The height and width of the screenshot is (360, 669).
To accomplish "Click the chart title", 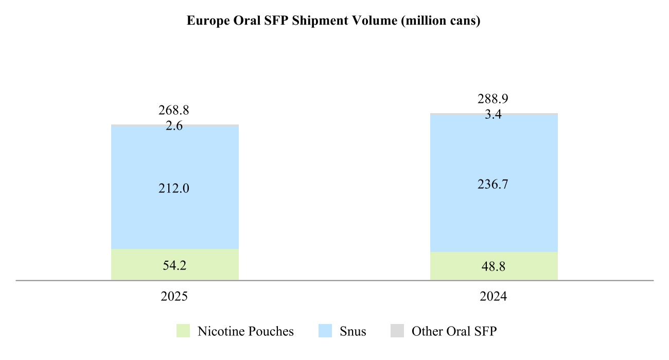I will (x=333, y=22).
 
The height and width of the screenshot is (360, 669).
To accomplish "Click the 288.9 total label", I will (x=494, y=99).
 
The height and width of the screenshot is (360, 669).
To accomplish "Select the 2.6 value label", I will (x=174, y=125).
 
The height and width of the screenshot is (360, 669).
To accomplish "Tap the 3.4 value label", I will (x=494, y=115).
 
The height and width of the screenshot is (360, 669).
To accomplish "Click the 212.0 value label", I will (x=174, y=189).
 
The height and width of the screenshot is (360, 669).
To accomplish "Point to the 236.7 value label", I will (x=494, y=184).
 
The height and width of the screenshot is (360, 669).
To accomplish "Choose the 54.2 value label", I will (x=174, y=265).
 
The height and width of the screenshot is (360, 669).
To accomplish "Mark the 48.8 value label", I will (x=494, y=267).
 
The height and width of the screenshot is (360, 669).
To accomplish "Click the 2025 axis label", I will (x=174, y=297).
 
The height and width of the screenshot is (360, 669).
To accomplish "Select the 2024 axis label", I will (x=494, y=297).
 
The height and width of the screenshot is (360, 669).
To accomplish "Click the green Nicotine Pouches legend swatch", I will (x=183, y=331).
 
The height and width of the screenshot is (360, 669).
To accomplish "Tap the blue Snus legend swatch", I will (x=325, y=331).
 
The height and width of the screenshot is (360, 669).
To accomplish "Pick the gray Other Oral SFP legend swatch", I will (x=397, y=331).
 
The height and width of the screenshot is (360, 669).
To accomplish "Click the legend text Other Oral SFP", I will (x=454, y=331).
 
